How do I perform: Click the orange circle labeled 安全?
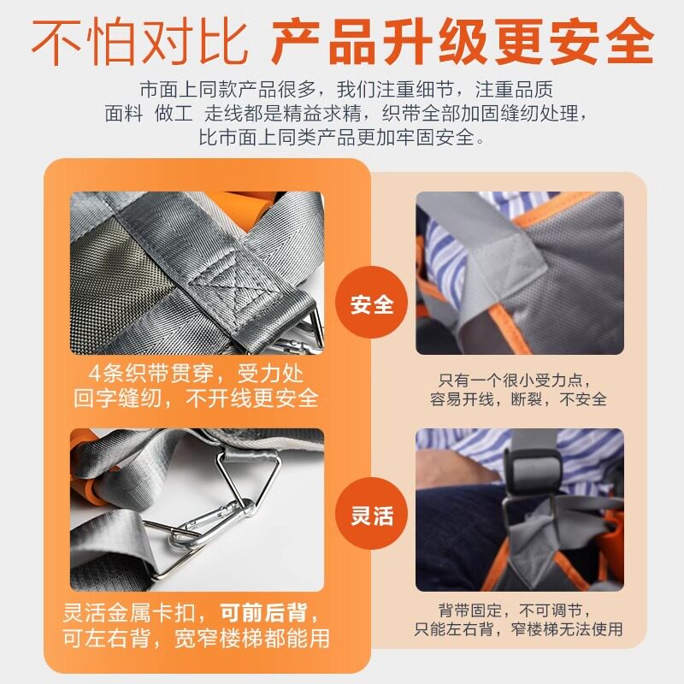point(371,303)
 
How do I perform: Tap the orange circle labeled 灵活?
point(371,514)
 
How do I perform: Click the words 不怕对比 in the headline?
point(139,42)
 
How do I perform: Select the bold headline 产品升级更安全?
point(463,42)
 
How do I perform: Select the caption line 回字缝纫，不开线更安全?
point(196,398)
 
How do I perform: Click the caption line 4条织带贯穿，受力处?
point(196,373)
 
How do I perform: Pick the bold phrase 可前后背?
point(263,613)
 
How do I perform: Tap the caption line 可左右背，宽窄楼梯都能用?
point(196,639)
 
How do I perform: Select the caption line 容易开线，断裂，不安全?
point(518,399)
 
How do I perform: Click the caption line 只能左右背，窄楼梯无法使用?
point(518,629)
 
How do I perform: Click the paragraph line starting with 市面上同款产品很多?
point(347,89)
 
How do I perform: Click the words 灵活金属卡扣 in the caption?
point(129,613)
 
